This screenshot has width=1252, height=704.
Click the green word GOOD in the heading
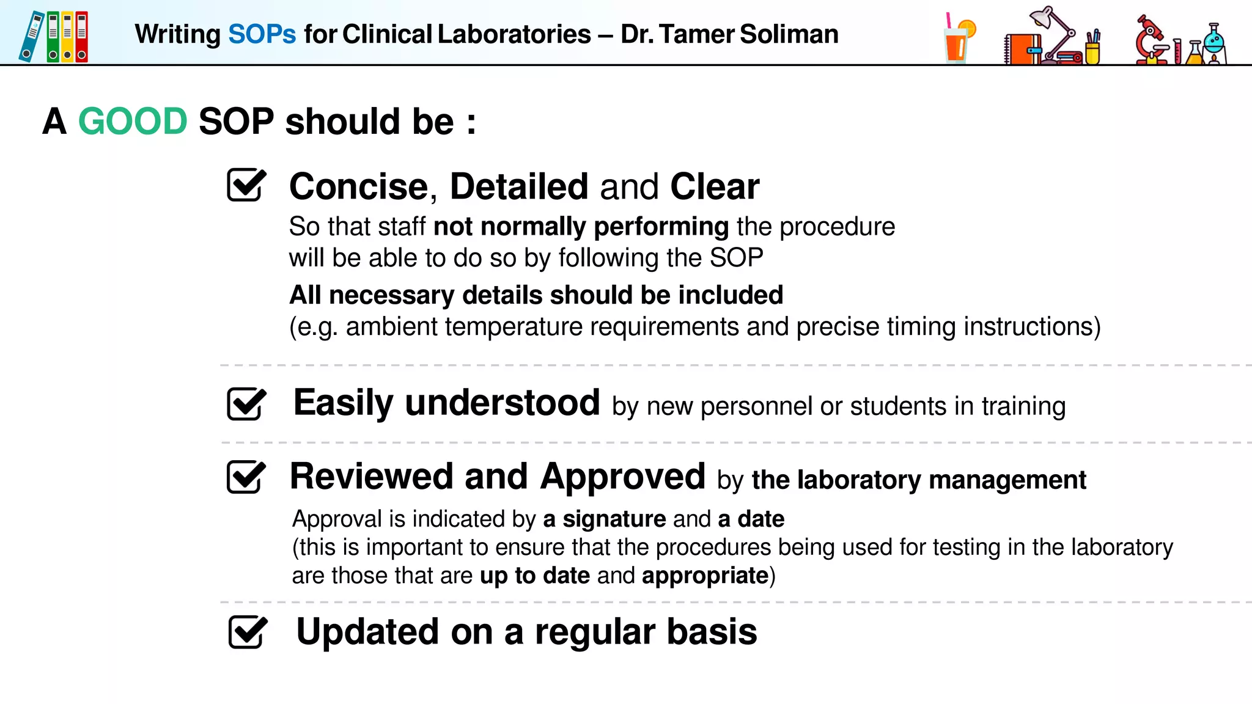click(133, 121)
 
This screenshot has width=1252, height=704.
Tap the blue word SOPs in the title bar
click(262, 34)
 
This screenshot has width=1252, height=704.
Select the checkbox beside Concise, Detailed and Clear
click(246, 185)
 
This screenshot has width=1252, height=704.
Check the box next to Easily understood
click(246, 403)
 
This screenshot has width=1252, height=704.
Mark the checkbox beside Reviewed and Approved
click(246, 477)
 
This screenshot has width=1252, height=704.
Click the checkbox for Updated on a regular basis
click(248, 632)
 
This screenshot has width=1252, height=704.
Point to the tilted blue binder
click(31, 37)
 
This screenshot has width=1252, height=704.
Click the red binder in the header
click(82, 37)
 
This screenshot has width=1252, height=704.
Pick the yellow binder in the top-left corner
click(67, 37)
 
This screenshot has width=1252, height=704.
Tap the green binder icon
click(53, 37)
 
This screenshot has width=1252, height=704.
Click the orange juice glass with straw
click(957, 42)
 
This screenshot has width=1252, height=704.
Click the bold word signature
click(614, 519)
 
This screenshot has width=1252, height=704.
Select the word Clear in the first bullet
click(715, 186)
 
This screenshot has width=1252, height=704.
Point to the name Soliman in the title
click(789, 34)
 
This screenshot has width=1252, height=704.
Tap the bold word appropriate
click(705, 576)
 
